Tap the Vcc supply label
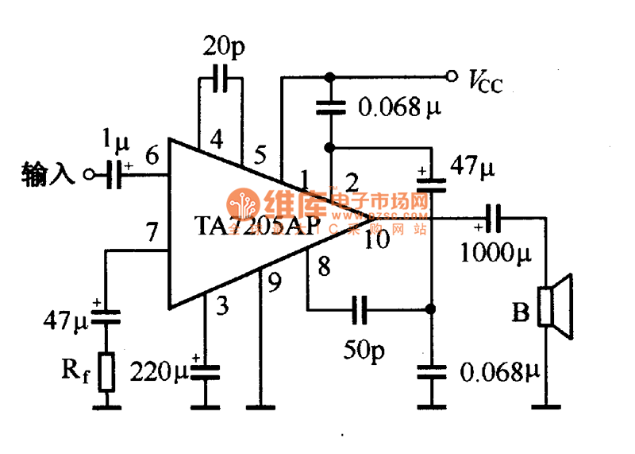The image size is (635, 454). click(x=485, y=80)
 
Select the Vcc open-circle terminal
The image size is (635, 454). click(x=452, y=76)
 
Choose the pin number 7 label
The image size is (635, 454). click(x=152, y=233)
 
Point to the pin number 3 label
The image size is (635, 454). click(x=222, y=305)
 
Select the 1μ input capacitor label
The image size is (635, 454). click(x=117, y=141)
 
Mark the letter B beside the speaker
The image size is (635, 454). click(x=520, y=312)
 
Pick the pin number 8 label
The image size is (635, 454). click(x=324, y=266)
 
